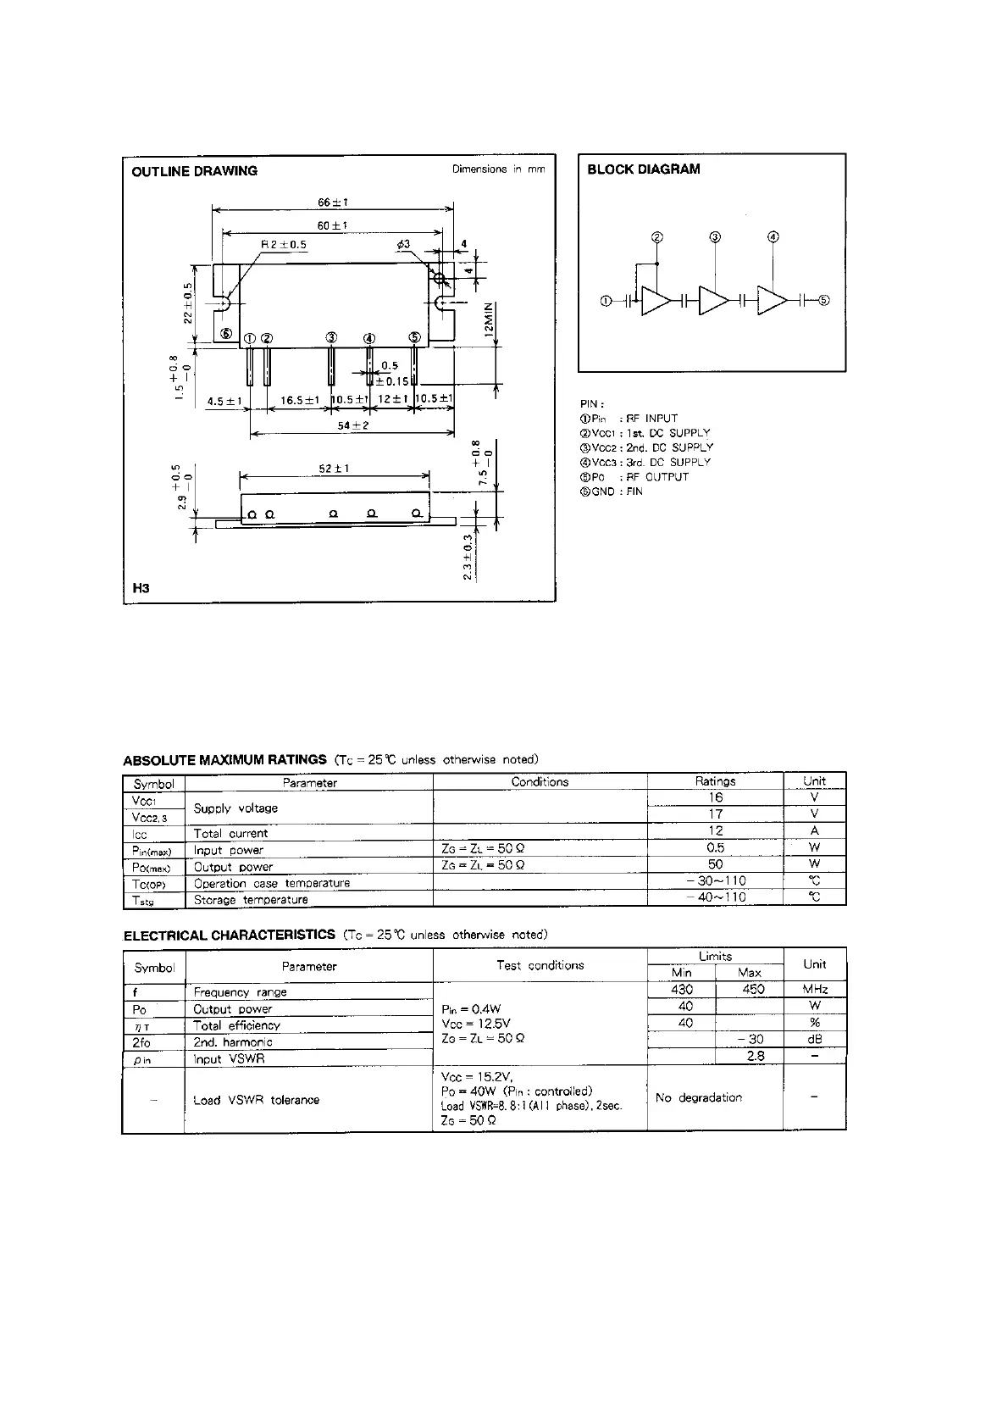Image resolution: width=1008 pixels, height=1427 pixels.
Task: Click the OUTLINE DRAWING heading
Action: coord(194,171)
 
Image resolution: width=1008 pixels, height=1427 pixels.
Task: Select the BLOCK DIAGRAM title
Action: coord(644,169)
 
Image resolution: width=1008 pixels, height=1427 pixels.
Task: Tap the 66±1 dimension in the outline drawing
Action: coord(333,203)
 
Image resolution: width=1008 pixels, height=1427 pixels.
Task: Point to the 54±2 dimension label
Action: coord(353,425)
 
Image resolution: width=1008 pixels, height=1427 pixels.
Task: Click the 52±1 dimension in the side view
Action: coord(335,469)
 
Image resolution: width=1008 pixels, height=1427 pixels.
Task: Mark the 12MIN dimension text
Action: coord(488,321)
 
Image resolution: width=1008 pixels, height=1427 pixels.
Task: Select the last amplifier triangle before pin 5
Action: coord(772,301)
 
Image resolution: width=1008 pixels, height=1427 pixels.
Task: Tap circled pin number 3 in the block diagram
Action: coord(715,237)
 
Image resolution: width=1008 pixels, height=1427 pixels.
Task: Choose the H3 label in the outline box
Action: coord(141,587)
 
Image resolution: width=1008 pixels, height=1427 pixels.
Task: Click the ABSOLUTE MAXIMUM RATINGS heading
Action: coord(224,760)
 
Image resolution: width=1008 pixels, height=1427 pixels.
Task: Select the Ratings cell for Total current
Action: coord(715,831)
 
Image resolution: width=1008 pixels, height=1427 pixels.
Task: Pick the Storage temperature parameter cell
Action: coord(251,900)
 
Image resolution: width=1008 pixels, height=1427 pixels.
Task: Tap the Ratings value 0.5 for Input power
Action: coord(715,848)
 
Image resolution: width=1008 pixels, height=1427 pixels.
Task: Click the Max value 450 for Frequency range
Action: coord(752,990)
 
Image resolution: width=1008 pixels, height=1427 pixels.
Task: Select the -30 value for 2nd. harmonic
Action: coord(750,1040)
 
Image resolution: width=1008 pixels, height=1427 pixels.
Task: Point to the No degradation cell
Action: coord(699,1098)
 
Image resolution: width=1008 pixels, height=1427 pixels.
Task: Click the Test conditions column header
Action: coord(540,965)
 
